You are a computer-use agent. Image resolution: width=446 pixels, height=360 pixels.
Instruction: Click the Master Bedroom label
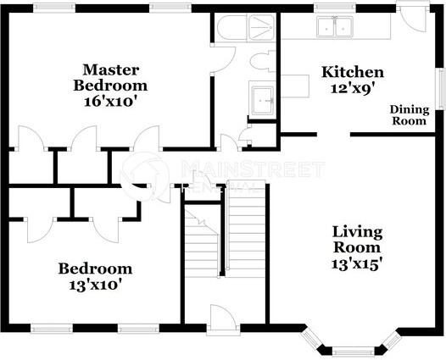(x=110, y=78)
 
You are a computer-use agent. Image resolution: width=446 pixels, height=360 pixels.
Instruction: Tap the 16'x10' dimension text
(x=109, y=102)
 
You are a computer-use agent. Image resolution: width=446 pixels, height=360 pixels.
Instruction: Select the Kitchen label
(x=353, y=72)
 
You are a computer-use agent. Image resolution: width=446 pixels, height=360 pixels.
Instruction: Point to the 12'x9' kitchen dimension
(x=352, y=89)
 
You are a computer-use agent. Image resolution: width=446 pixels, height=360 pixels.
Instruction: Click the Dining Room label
(x=410, y=115)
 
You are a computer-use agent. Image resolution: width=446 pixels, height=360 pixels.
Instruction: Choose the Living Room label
(x=357, y=240)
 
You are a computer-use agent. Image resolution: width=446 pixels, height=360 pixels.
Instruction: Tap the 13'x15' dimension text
(x=356, y=264)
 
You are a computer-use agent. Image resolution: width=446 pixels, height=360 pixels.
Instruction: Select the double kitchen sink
(x=335, y=27)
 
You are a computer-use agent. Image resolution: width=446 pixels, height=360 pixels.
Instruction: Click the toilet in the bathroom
(x=263, y=61)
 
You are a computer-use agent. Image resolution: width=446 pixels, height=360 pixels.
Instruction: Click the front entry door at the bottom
(x=223, y=319)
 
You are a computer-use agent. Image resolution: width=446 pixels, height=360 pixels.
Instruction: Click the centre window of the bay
(x=353, y=352)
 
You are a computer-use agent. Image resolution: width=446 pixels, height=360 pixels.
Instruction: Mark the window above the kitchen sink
(x=335, y=8)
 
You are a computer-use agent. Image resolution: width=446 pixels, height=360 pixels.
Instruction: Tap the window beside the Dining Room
(x=441, y=88)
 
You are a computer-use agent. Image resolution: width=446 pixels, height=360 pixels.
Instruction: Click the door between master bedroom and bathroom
(x=223, y=59)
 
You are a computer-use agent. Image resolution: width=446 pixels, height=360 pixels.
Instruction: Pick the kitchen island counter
(x=295, y=86)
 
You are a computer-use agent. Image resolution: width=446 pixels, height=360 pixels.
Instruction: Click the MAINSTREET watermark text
(x=253, y=169)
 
